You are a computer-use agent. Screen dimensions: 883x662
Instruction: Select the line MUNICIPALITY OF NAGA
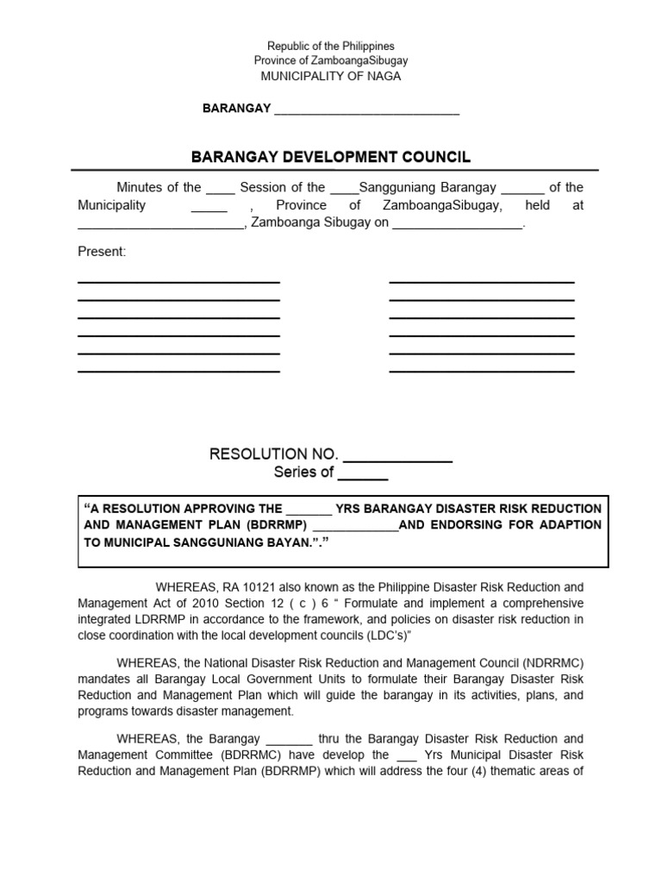point(330,76)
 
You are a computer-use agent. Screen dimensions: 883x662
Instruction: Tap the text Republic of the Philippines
point(330,46)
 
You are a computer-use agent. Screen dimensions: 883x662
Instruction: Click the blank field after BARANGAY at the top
point(366,110)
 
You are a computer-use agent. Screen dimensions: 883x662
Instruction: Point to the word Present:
point(102,251)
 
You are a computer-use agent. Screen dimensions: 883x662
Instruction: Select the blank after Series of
point(362,473)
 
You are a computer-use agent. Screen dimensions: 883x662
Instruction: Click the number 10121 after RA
point(244,587)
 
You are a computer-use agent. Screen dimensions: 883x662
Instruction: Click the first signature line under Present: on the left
point(178,282)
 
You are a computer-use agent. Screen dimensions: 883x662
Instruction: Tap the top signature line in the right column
point(482,282)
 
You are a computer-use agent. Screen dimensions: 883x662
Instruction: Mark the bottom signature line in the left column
point(178,372)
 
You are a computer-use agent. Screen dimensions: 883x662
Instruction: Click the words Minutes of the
point(159,187)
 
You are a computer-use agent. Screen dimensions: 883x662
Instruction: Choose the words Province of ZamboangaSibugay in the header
point(330,60)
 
